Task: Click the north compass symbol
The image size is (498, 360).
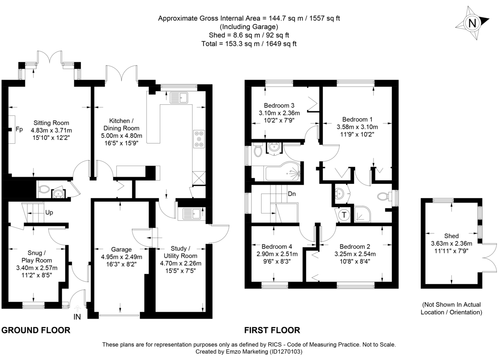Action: pos(472,23)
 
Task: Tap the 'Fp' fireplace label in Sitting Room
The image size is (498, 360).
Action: pos(19,130)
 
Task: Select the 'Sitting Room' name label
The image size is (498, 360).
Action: pos(51,123)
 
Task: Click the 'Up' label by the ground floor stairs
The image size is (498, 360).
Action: pos(49,213)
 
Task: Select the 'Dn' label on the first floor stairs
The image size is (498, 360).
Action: pos(292,193)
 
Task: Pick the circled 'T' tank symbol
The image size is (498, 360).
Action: pos(344,215)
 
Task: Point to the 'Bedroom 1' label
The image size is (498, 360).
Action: pos(357,119)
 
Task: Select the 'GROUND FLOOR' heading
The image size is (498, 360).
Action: pos(35,331)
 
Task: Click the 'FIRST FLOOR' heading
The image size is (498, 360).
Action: pos(272,331)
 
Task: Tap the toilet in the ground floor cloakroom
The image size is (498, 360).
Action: pos(44,190)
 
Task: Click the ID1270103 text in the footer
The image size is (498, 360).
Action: pos(286,352)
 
